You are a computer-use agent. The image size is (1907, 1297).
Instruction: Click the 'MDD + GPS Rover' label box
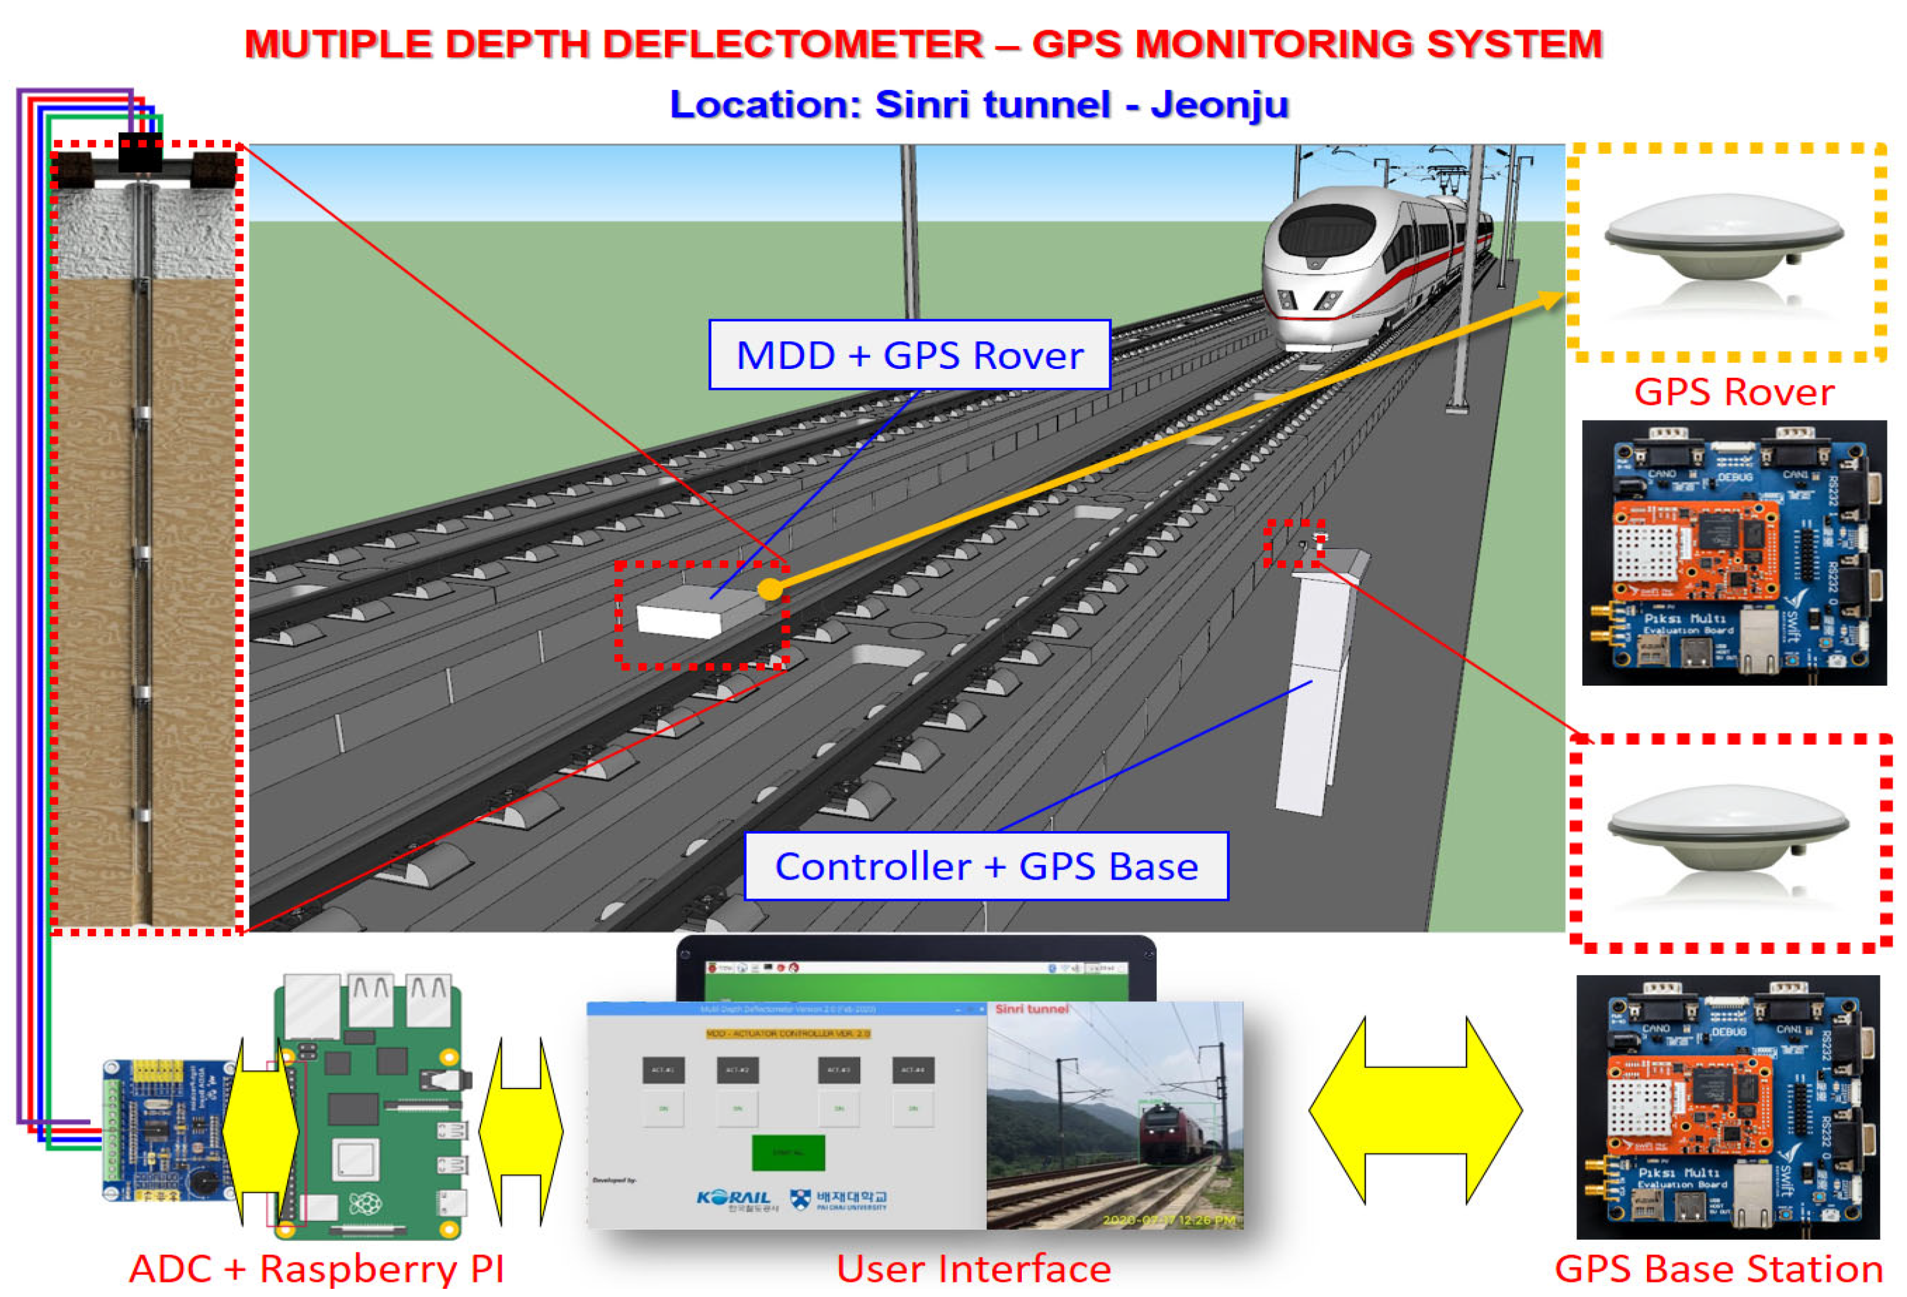tap(909, 354)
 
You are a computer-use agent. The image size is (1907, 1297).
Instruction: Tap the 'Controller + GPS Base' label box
tap(985, 866)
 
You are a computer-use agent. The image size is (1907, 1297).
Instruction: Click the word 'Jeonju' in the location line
tap(1219, 105)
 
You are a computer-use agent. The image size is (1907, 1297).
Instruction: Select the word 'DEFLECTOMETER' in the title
tap(792, 44)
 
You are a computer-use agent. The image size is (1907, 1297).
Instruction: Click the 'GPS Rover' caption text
tap(1734, 392)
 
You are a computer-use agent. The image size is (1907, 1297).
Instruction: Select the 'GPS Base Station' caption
tap(1718, 1268)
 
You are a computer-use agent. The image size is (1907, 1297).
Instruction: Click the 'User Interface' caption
tap(973, 1268)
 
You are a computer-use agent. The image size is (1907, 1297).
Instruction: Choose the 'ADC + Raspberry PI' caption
tap(317, 1268)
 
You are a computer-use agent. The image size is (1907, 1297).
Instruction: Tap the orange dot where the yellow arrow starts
tap(770, 588)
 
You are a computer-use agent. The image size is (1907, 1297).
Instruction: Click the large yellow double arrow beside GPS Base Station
tap(1415, 1110)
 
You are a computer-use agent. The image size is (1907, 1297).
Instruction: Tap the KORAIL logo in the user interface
tap(733, 1199)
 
